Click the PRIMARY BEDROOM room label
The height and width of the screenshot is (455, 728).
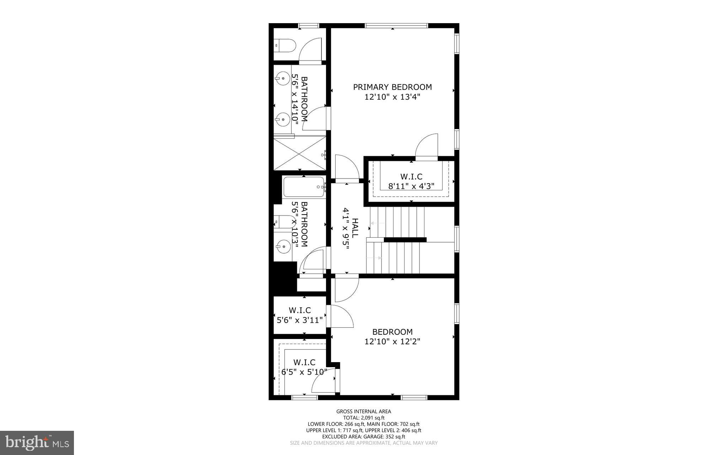pos(392,87)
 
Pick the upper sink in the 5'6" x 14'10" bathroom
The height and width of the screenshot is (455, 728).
pos(283,78)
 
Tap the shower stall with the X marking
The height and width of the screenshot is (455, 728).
pos(299,154)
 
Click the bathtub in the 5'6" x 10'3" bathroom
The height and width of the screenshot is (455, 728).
pos(304,187)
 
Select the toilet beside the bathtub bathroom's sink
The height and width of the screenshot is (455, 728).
pos(285,222)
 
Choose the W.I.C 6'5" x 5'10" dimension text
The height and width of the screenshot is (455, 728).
pos(304,372)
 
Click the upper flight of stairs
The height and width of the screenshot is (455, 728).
pos(397,222)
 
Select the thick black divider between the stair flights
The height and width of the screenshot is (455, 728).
pos(405,240)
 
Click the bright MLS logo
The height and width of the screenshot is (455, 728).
pos(37,443)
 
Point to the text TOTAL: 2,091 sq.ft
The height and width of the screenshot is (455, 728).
pos(364,418)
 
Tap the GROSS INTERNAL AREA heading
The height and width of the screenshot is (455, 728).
pos(364,412)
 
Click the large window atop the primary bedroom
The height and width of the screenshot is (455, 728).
pos(396,26)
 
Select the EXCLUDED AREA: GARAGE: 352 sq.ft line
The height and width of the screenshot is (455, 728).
pos(364,437)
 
